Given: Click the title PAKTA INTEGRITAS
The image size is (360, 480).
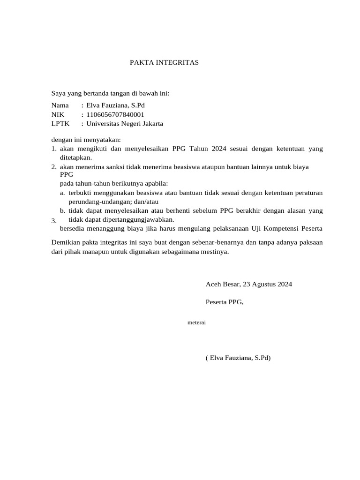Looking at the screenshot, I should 164,62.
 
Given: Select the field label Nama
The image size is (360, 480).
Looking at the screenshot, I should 60,105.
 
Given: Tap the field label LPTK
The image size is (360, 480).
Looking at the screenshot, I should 60,124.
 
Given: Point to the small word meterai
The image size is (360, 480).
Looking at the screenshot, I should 197,322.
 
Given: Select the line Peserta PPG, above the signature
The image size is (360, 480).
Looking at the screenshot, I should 225,302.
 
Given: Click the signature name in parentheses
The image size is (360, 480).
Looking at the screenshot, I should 238,358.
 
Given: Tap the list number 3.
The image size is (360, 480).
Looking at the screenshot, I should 53,221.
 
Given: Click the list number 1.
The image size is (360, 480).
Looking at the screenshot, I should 53,149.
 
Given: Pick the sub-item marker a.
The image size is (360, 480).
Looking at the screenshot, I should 62,193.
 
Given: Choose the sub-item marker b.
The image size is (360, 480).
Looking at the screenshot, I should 62,211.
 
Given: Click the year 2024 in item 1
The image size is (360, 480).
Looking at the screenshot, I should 219,149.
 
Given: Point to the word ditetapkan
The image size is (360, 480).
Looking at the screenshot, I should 75,158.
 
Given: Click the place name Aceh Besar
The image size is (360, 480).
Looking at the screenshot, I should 222,284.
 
